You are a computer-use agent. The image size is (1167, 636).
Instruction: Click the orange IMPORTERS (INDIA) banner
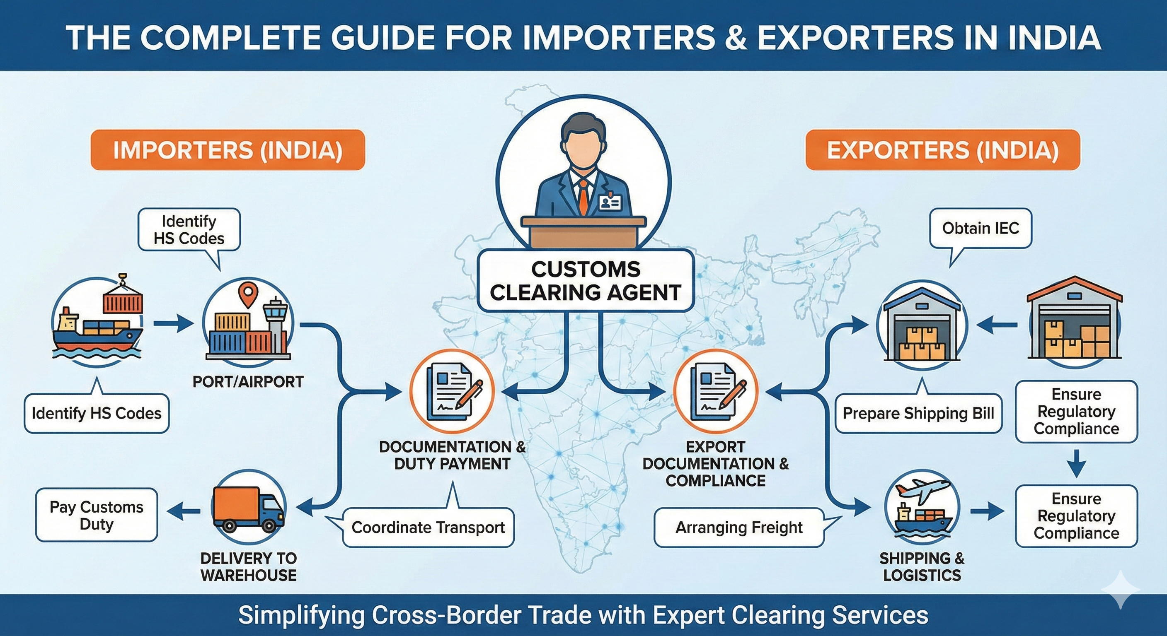[228, 150]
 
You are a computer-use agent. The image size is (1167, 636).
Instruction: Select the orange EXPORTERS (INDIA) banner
[942, 150]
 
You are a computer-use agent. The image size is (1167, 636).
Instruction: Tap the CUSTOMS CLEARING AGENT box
[585, 281]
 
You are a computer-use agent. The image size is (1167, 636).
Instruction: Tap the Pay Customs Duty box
[97, 515]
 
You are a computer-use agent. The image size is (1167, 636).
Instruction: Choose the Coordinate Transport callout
[428, 528]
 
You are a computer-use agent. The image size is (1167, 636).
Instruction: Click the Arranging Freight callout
[738, 528]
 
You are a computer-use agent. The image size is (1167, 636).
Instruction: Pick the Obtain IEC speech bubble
[981, 228]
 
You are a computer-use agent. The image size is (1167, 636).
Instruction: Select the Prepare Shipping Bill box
[918, 413]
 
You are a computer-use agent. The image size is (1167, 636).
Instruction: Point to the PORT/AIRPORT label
[248, 382]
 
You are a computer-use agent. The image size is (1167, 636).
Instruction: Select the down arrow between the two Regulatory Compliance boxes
[1077, 463]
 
